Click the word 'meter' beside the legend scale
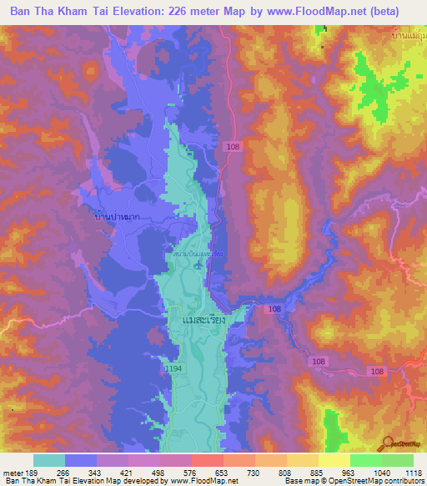click(x=10, y=473)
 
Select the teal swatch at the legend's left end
click(x=48, y=460)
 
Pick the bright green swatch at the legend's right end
click(x=397, y=460)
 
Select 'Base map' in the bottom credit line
click(x=300, y=482)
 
